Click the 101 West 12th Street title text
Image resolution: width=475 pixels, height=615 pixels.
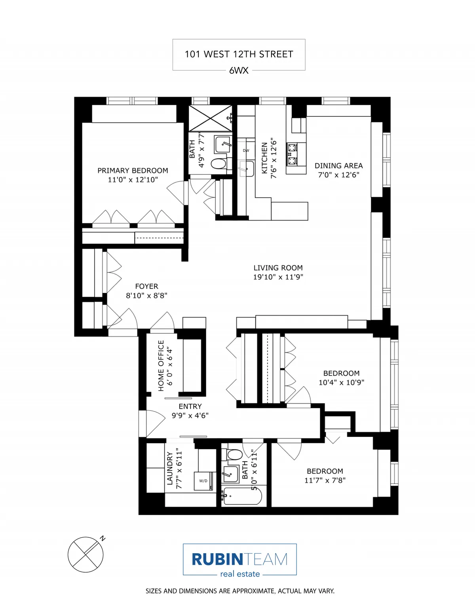[x=239, y=54]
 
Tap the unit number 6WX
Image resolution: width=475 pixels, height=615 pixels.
[x=239, y=70]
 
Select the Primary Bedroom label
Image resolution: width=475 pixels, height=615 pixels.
[x=133, y=171]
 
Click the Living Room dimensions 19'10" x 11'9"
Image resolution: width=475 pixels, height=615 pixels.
[x=278, y=277]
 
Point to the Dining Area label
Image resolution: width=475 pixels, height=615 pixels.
[x=338, y=166]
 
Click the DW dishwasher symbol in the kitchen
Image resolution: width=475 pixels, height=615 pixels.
[x=246, y=150]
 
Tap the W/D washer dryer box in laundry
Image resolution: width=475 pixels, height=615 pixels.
[x=203, y=481]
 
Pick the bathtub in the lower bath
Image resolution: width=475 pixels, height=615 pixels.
[x=241, y=495]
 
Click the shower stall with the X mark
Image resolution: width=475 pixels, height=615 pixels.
[x=210, y=118]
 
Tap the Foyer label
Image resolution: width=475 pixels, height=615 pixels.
[x=146, y=286]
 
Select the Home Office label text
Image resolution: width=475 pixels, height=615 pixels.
[x=161, y=366]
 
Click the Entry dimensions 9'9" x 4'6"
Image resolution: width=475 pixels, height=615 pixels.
[x=190, y=415]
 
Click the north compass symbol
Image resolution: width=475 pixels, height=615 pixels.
[x=85, y=554]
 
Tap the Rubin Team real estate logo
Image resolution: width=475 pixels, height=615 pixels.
[x=239, y=560]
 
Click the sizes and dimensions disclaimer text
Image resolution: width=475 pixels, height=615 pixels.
[x=240, y=591]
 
